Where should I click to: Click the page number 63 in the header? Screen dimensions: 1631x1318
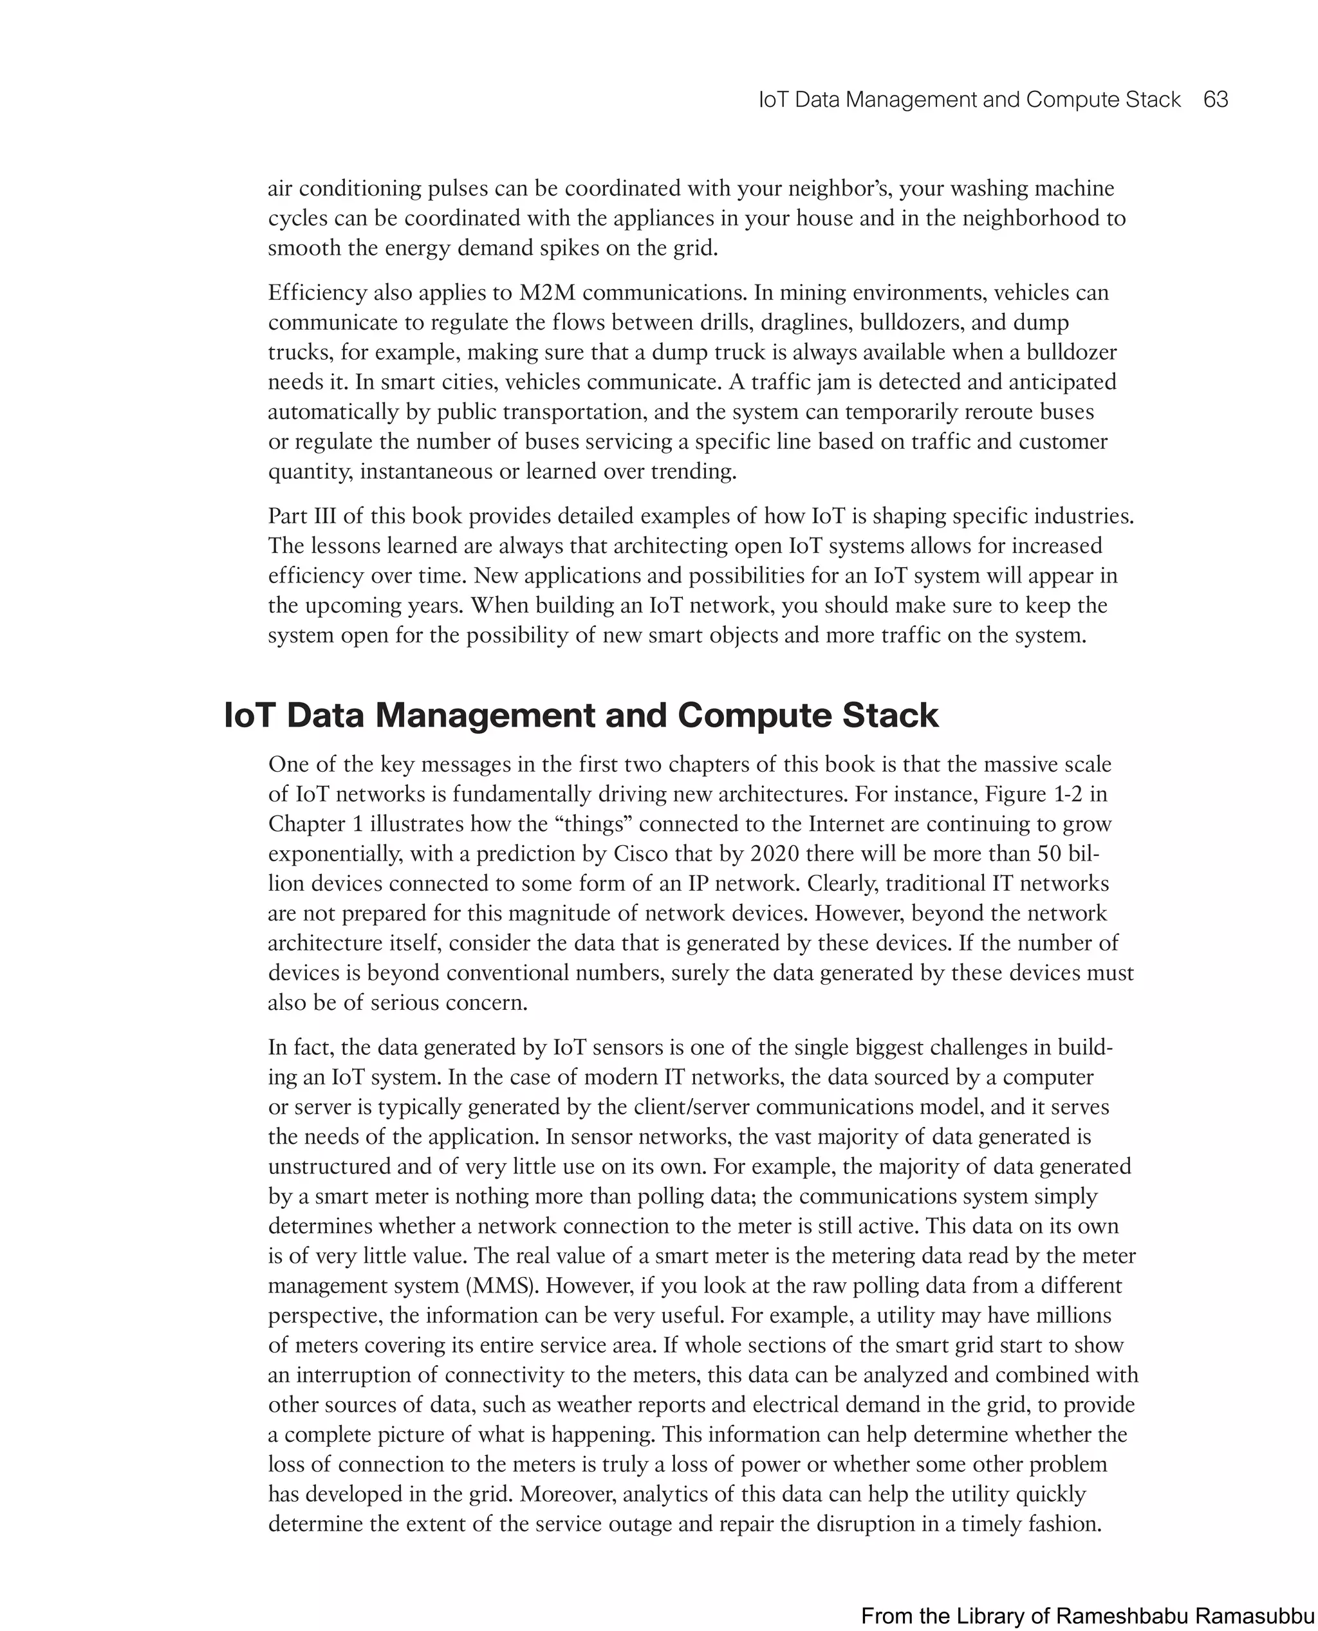[x=1216, y=100]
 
